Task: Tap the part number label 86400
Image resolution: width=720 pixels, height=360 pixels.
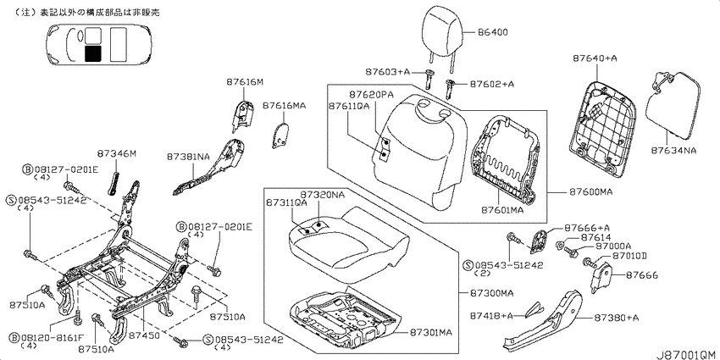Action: pyautogui.click(x=492, y=32)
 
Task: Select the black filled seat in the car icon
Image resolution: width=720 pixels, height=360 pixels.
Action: pyautogui.click(x=93, y=53)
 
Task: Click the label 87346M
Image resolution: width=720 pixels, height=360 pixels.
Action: pyautogui.click(x=117, y=154)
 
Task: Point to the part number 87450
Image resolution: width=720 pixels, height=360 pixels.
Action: pyautogui.click(x=144, y=335)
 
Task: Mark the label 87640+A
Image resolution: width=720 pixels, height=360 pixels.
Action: pyautogui.click(x=595, y=58)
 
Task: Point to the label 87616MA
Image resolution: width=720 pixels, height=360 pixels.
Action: pyautogui.click(x=284, y=106)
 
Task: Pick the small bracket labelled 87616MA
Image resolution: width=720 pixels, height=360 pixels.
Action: pyautogui.click(x=280, y=135)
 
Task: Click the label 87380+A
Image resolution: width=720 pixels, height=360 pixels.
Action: pyautogui.click(x=616, y=318)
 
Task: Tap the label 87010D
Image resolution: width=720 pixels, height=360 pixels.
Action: pyautogui.click(x=629, y=256)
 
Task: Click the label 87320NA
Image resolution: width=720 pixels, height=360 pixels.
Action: pyautogui.click(x=323, y=195)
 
